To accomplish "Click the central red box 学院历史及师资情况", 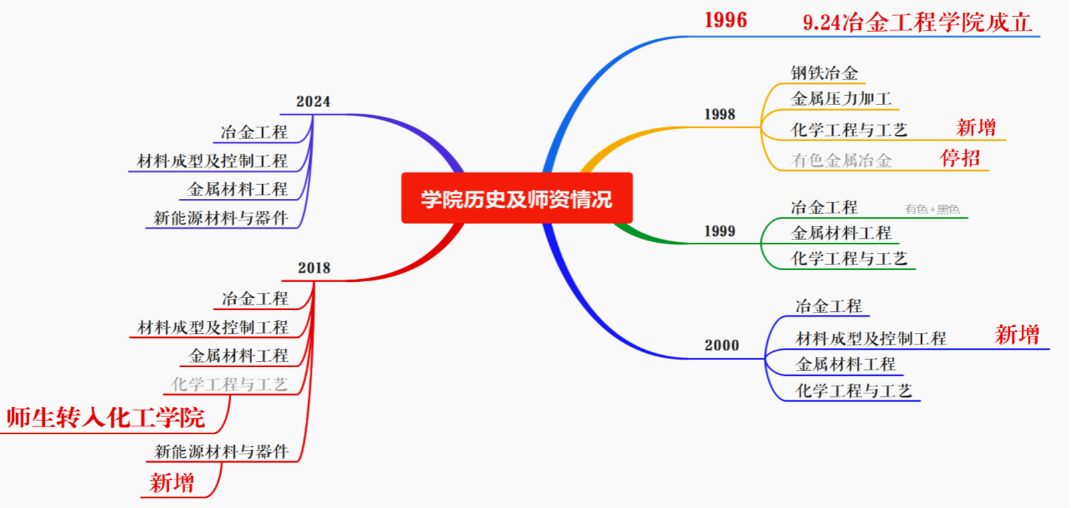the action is point(517,198).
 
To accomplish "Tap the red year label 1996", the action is point(726,21).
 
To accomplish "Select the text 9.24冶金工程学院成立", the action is point(917,23).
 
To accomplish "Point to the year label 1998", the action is point(720,114).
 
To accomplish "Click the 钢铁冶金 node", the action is point(824,73).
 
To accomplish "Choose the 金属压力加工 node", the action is point(841,99).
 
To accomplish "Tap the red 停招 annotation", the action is point(960,158).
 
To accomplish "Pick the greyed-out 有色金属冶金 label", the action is point(841,160).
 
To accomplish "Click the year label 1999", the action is point(720,231).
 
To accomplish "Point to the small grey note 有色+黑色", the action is point(933,209).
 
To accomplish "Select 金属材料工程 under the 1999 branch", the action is point(841,233).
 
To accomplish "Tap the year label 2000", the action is point(722,345).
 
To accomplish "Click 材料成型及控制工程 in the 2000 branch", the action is point(871,339).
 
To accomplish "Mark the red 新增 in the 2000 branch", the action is point(1017,334).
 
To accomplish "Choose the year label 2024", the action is point(313,102).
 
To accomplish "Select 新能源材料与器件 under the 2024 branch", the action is point(220,218).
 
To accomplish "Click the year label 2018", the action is point(314,268).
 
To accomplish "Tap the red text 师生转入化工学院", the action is point(106,418).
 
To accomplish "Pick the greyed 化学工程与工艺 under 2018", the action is point(230,384).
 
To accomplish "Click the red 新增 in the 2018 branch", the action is point(172,483).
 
